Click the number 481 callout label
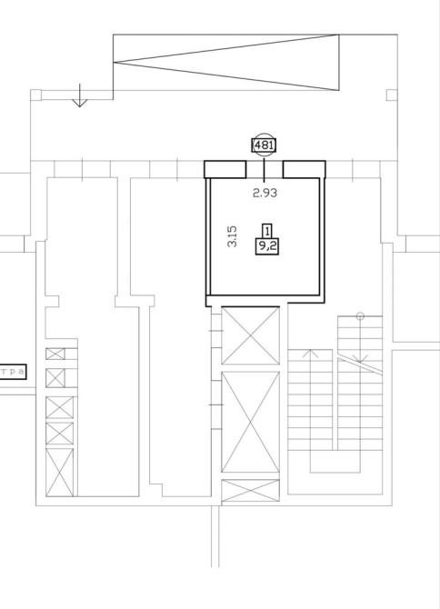click(264, 145)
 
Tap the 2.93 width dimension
click(265, 193)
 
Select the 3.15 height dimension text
click(232, 236)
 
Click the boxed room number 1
click(266, 231)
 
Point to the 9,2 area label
click(266, 246)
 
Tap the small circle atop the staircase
click(360, 316)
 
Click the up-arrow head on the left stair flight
click(310, 353)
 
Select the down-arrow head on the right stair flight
click(360, 358)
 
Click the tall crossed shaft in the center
click(250, 422)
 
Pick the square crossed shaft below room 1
click(250, 335)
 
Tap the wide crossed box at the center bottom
click(250, 491)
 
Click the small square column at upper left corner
click(35, 95)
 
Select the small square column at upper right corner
click(392, 95)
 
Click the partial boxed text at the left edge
click(13, 372)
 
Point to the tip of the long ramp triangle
click(114, 62)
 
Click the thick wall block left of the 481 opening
click(225, 170)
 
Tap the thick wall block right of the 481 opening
click(304, 170)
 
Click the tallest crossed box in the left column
click(59, 473)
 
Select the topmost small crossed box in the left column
click(55, 354)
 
